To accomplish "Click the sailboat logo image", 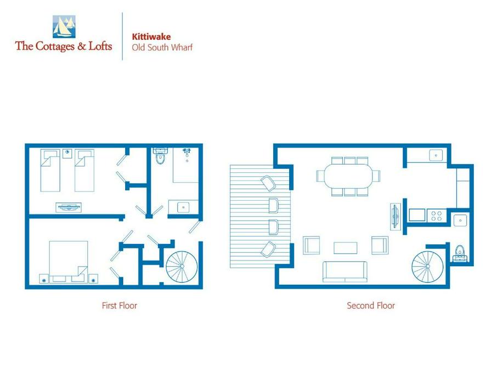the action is (64, 27).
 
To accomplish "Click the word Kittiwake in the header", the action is (151, 36).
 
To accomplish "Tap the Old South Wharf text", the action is (162, 48).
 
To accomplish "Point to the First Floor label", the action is (120, 306).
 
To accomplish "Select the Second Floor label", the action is (371, 306).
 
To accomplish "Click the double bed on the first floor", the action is (69, 262).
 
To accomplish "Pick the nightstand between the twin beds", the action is (67, 153).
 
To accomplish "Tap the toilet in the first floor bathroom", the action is (161, 155).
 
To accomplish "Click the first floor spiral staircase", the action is (182, 267).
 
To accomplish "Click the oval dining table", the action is (348, 176).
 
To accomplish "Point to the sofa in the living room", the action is (345, 272).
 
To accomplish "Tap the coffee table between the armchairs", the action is (346, 248).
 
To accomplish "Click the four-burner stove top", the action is (437, 216).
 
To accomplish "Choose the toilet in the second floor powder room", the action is (460, 253).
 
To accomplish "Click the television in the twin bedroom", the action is (69, 208).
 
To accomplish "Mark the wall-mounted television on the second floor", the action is (395, 217).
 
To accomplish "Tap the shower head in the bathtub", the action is (187, 151).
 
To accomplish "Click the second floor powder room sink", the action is (460, 220).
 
